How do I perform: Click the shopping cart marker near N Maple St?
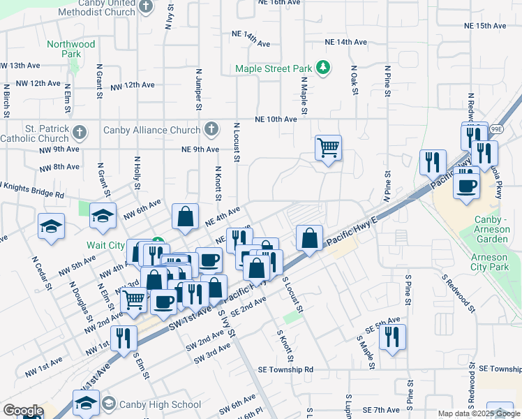[328, 148]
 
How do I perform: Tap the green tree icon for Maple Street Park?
[322, 68]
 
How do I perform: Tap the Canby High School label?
[160, 404]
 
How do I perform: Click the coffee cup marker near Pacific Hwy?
[466, 186]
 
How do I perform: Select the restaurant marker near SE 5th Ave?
[392, 337]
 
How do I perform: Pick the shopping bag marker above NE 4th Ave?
[186, 216]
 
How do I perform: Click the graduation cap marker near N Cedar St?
[52, 227]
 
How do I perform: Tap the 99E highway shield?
[496, 129]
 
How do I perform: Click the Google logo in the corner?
[22, 411]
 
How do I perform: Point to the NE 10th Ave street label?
[276, 119]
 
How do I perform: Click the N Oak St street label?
[355, 82]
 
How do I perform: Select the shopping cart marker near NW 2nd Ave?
[133, 300]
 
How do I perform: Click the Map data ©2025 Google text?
[478, 413]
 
